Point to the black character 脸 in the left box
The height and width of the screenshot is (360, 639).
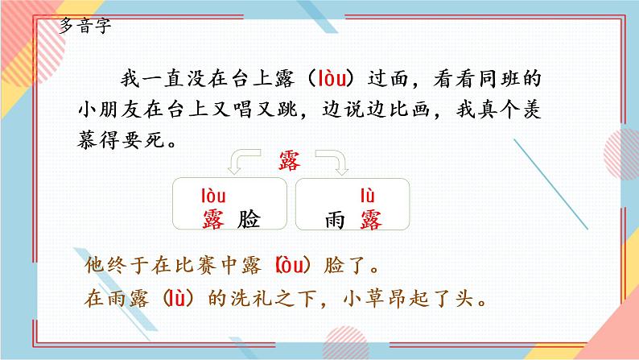[250, 218]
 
